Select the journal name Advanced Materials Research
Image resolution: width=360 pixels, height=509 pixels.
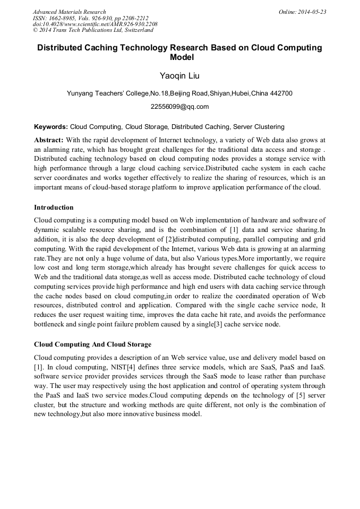pyautogui.click(x=70, y=11)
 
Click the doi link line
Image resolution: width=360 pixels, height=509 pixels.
pyautogui.click(x=95, y=24)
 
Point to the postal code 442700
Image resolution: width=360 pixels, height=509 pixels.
pyautogui.click(x=279, y=93)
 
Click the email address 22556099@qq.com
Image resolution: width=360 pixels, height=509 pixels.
pyautogui.click(x=179, y=107)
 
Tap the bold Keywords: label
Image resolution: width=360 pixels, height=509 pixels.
pyautogui.click(x=51, y=127)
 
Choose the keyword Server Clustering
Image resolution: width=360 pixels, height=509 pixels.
pyautogui.click(x=260, y=127)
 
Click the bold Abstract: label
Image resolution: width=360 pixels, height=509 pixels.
pyautogui.click(x=49, y=140)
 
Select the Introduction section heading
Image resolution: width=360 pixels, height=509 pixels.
pyautogui.click(x=54, y=207)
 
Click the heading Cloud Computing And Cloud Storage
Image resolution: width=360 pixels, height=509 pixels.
pyautogui.click(x=92, y=344)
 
